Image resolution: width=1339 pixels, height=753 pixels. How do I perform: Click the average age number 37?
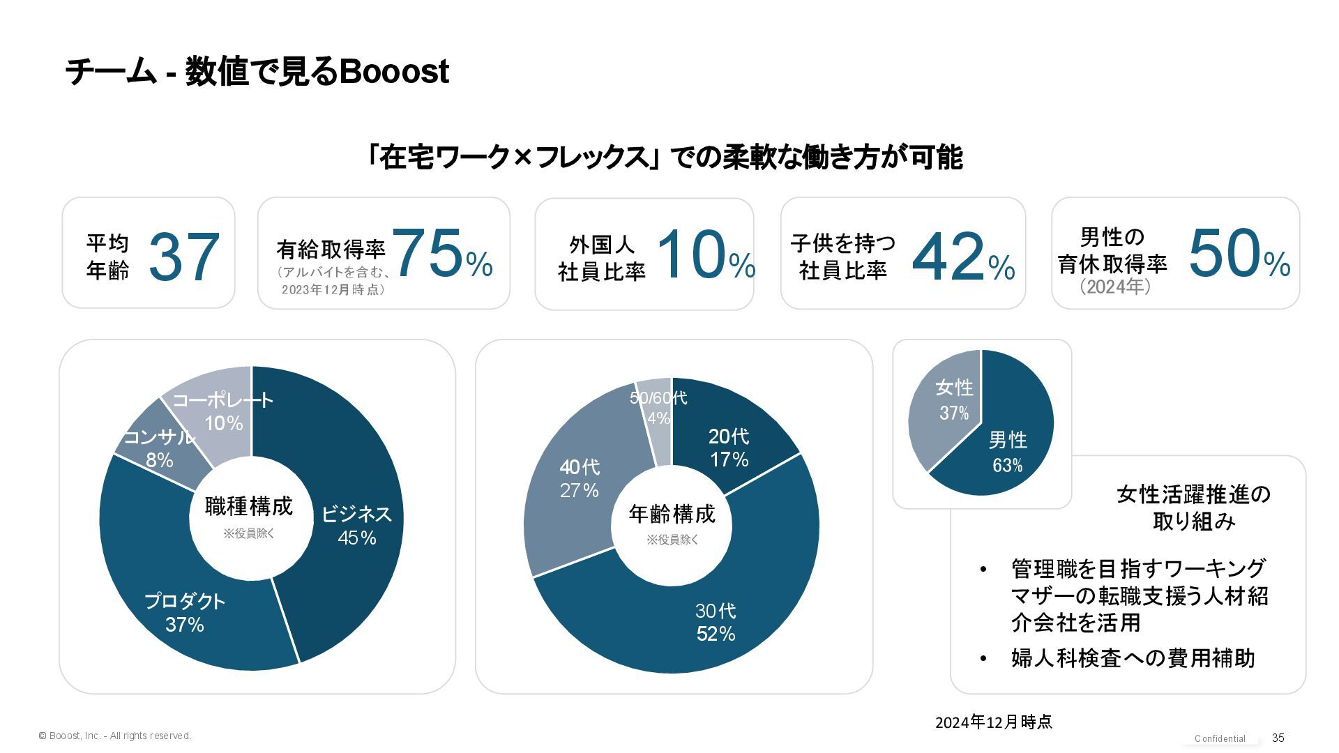click(184, 257)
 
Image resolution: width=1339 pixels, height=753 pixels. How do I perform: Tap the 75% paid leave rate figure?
click(442, 254)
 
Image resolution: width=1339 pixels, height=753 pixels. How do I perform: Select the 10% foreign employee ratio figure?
click(705, 256)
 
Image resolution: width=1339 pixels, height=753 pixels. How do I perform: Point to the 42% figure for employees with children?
click(962, 258)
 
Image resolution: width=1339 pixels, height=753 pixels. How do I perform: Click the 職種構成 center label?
click(249, 506)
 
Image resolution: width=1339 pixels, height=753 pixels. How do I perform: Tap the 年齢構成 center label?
click(672, 514)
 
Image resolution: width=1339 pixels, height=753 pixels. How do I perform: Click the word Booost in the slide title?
click(393, 72)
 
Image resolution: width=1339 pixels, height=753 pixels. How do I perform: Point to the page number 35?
click(1278, 738)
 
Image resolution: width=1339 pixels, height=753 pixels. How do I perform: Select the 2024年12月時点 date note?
click(993, 722)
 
